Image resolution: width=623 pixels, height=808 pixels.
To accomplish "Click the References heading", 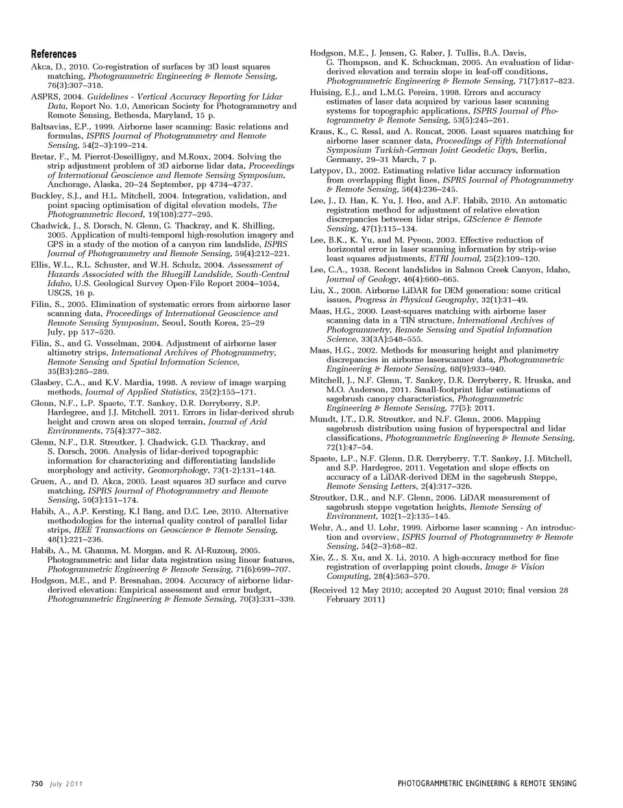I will [x=54, y=54].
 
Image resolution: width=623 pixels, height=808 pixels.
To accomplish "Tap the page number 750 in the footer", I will [x=37, y=783].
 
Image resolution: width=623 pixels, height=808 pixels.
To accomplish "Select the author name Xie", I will [x=317, y=558].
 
